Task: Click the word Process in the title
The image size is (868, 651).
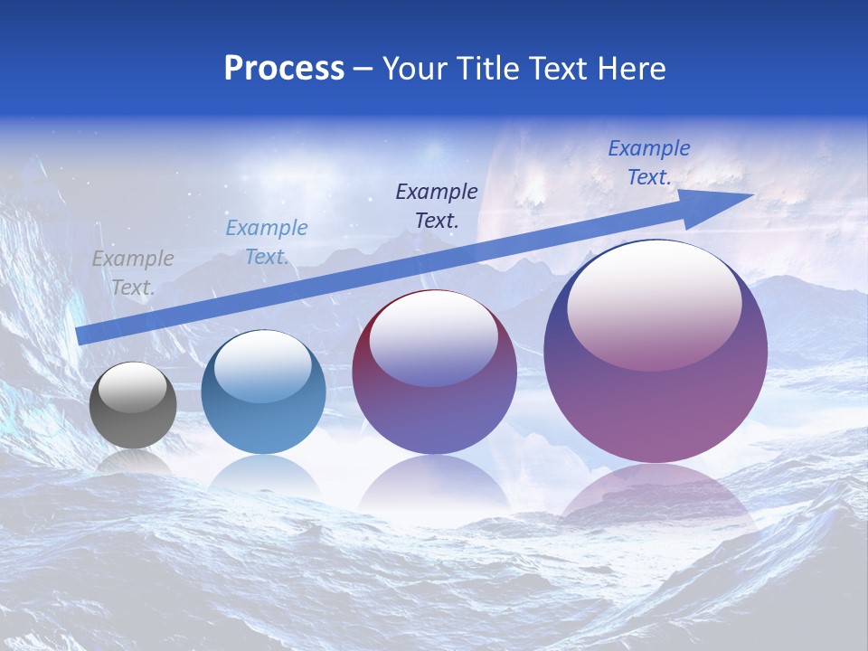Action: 284,69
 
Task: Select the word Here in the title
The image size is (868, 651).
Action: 629,69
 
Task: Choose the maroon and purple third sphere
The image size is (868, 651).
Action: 434,398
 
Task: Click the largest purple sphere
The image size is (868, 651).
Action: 656,398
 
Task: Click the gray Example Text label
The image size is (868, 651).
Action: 133,272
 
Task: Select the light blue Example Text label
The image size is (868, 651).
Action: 266,241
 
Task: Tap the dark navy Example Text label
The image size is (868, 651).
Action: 437,205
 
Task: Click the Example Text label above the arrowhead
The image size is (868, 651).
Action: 648,163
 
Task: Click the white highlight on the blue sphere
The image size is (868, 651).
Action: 263,366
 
